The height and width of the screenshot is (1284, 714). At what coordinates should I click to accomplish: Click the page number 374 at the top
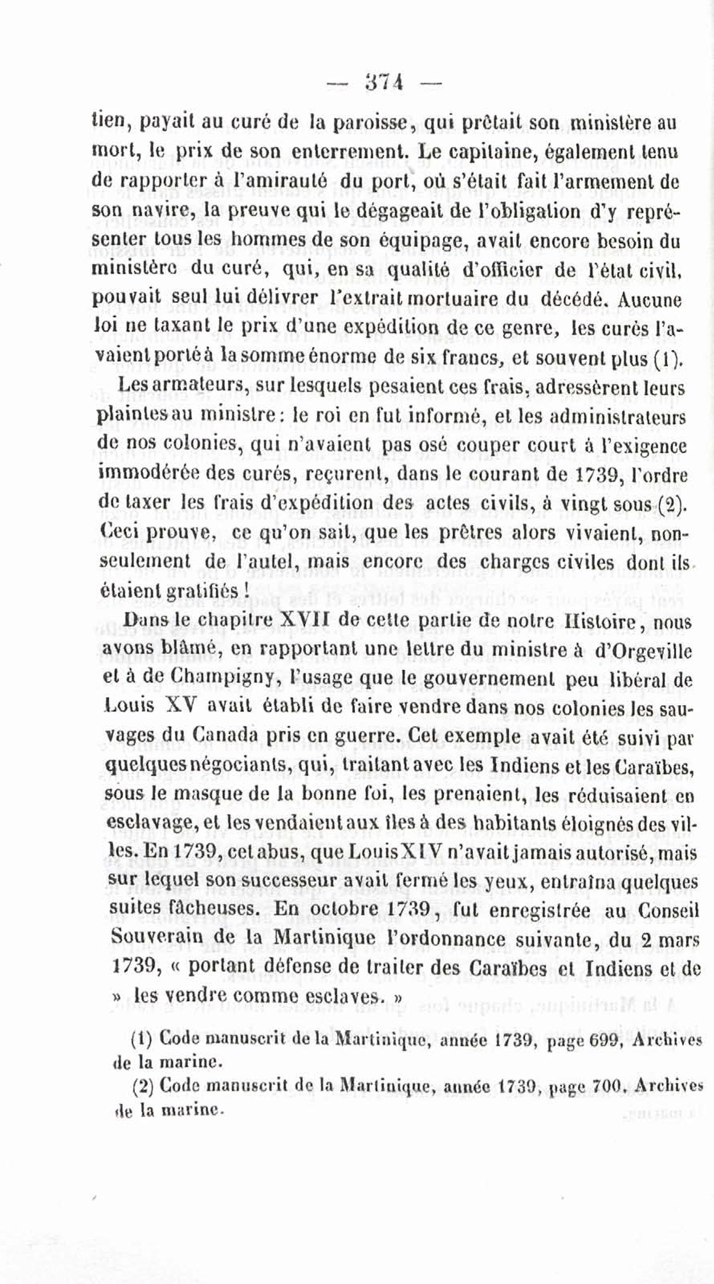[384, 81]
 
